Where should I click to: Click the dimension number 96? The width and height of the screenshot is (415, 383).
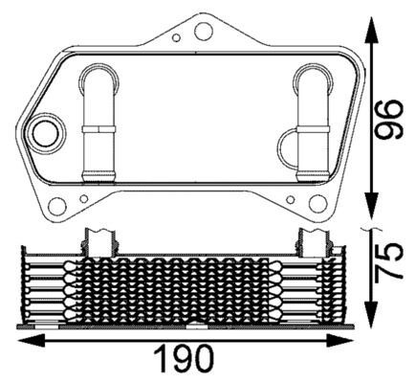[386, 117]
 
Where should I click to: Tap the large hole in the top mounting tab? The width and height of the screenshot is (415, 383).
[202, 32]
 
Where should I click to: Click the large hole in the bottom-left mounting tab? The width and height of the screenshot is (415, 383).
[56, 205]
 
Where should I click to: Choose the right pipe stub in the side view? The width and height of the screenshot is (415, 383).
[314, 240]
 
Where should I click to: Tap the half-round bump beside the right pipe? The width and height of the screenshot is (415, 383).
[289, 147]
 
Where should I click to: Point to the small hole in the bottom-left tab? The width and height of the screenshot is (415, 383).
[84, 198]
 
